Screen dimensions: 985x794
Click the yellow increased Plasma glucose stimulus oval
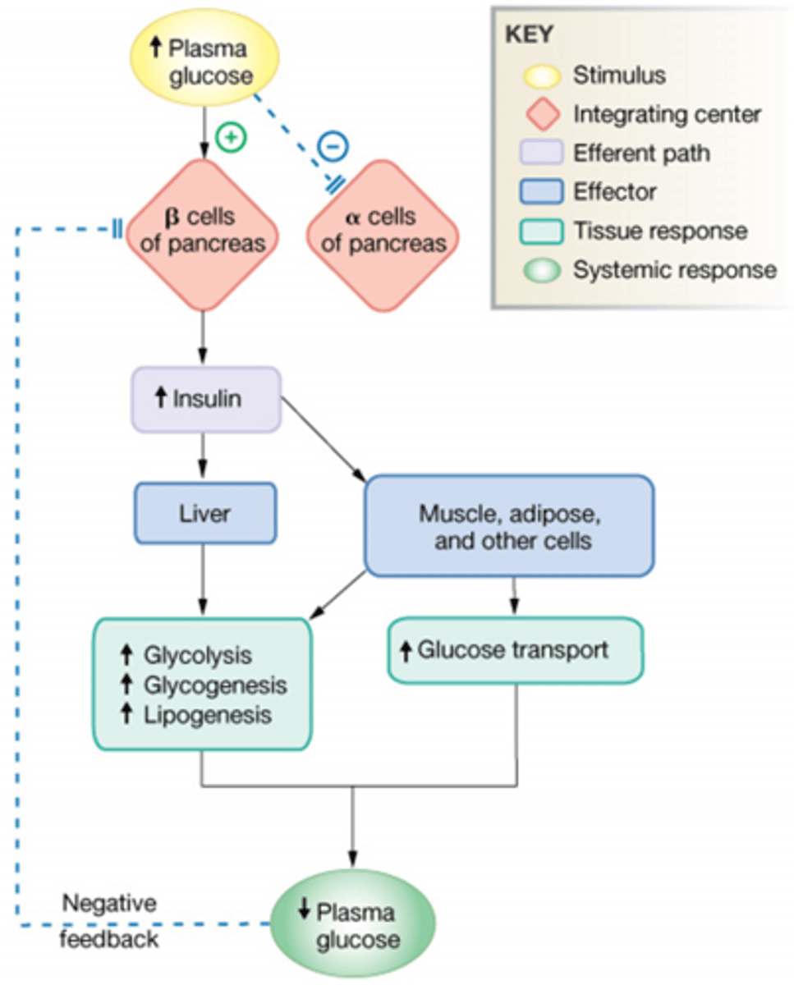pos(205,62)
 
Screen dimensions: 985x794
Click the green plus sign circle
pos(232,138)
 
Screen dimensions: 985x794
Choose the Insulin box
pos(206,400)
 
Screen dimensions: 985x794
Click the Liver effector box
pos(204,514)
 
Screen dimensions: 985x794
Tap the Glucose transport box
pos(515,651)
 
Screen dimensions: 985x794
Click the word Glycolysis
pos(198,655)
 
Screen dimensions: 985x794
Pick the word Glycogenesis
pos(215,685)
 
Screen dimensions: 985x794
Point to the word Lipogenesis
pos(207,715)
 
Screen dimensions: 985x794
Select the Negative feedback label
pos(110,920)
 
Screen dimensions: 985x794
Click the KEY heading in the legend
pos(530,35)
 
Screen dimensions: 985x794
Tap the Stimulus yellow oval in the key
pos(543,76)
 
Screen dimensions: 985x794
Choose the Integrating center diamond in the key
pos(543,114)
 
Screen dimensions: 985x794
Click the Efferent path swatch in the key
pos(543,153)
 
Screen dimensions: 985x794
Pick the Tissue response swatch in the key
pos(543,231)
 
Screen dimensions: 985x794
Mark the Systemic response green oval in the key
pos(543,270)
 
